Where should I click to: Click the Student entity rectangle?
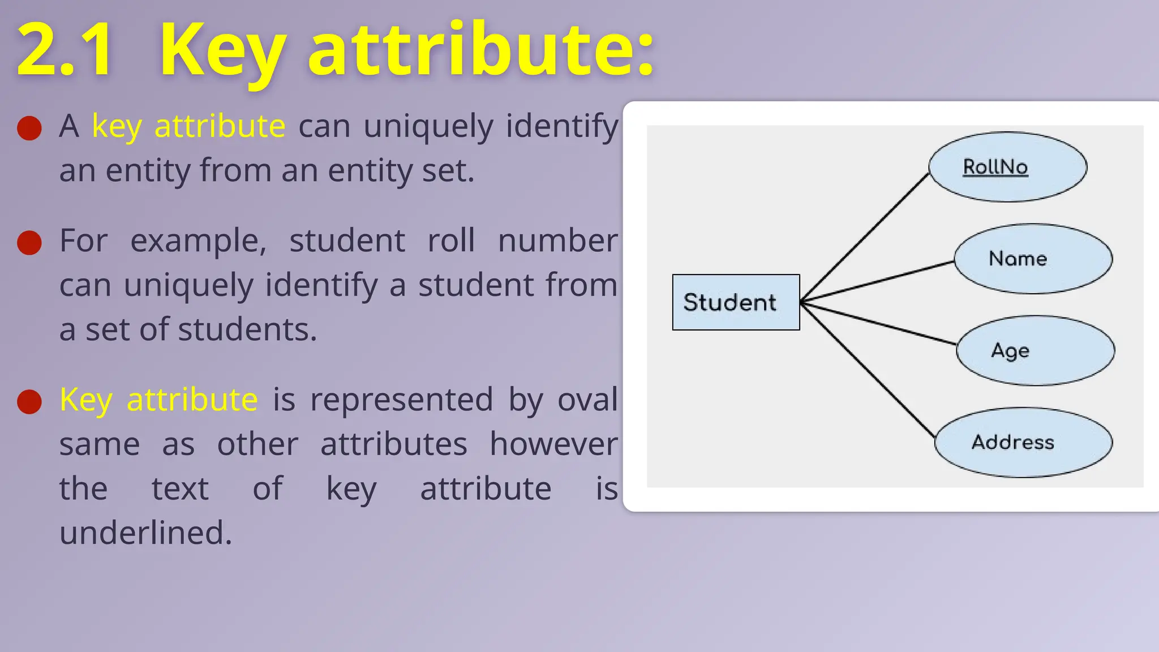[736, 302]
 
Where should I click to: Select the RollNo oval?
[1007, 167]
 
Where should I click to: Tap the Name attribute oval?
[1033, 259]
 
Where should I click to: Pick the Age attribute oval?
[1035, 351]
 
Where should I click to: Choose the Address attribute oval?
[1023, 442]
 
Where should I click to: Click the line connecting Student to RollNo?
[865, 238]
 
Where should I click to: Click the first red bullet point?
[29, 128]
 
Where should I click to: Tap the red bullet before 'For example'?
[29, 243]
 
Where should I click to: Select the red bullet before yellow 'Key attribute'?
[29, 402]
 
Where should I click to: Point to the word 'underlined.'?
[145, 533]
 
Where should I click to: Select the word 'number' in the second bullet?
[557, 241]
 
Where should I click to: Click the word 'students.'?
[247, 330]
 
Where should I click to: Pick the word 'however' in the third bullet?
[553, 444]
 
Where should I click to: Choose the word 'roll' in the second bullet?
[450, 241]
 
